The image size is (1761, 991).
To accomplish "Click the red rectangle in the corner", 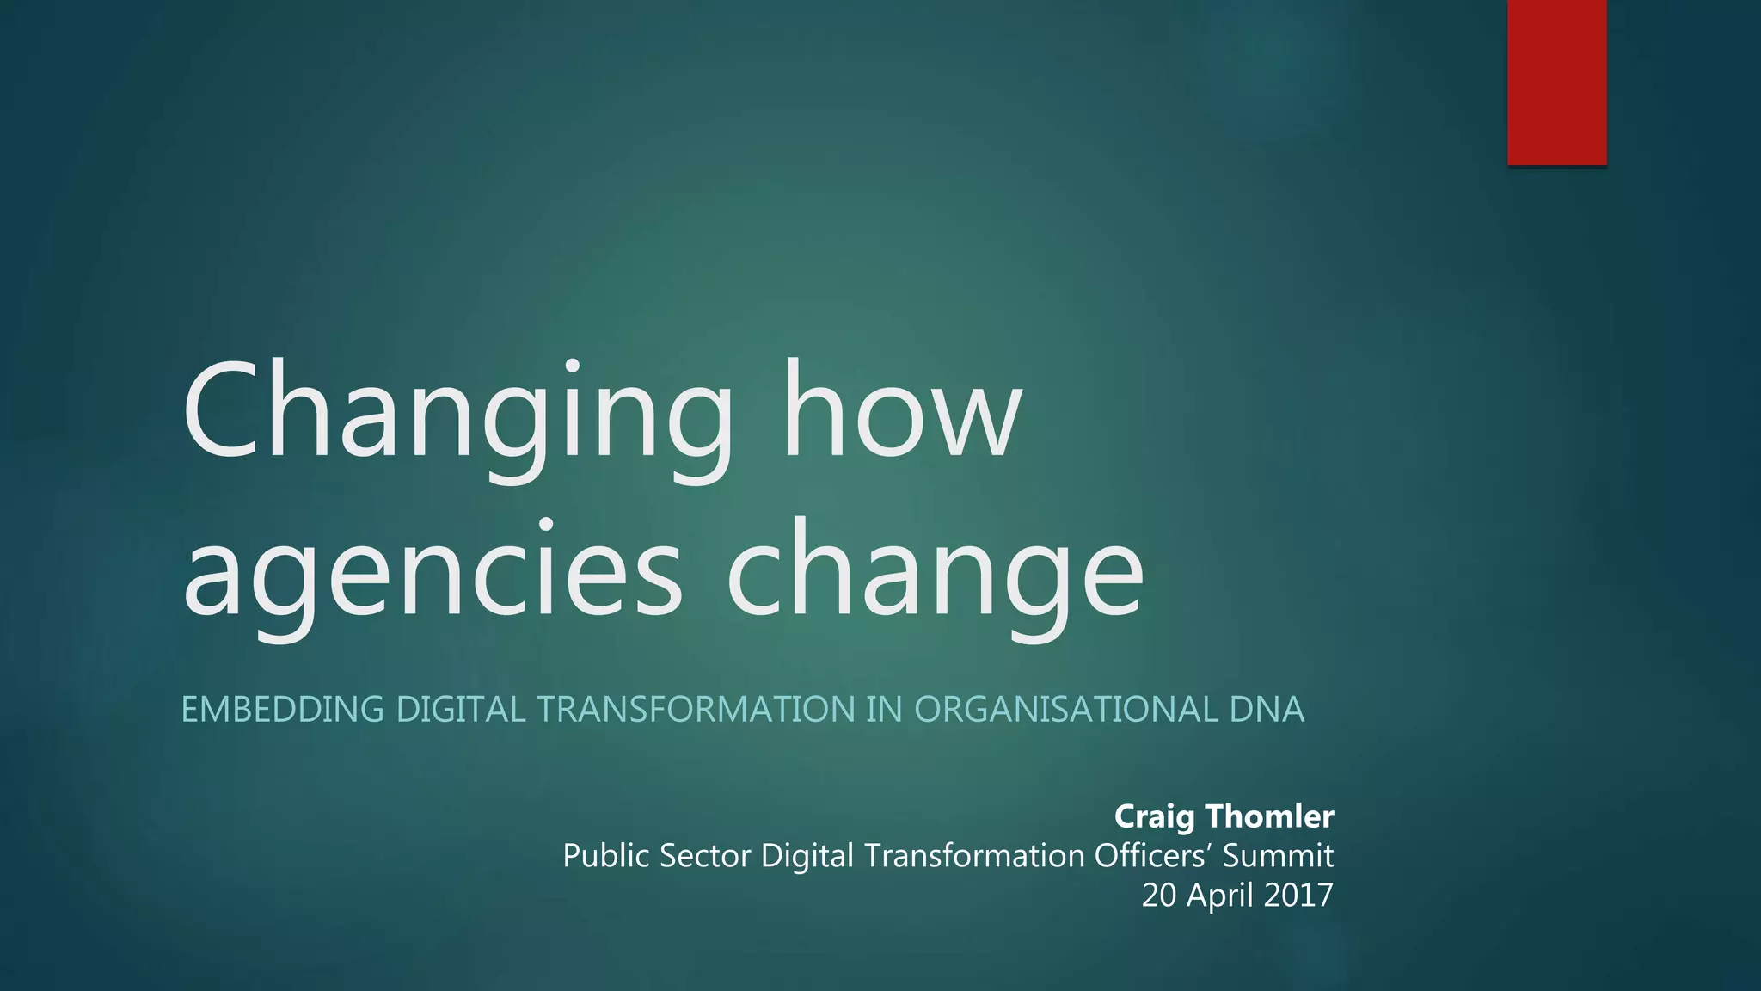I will [x=1556, y=82].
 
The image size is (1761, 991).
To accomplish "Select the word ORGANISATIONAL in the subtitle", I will [x=1065, y=710].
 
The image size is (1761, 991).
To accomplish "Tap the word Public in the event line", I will [x=605, y=856].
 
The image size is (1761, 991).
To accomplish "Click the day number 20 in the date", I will [x=1158, y=896].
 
